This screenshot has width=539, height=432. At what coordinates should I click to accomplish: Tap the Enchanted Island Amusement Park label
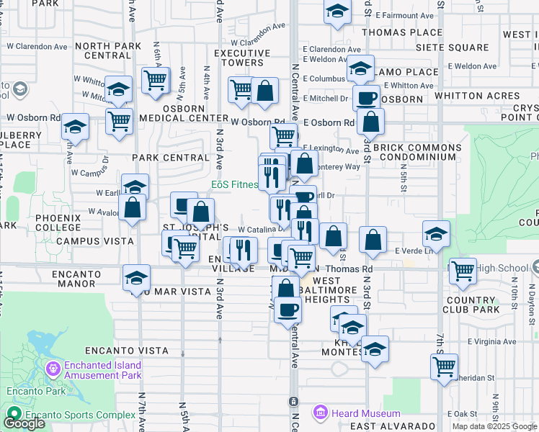(x=102, y=370)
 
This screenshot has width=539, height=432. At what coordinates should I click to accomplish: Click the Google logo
(x=24, y=423)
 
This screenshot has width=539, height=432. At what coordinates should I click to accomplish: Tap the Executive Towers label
(x=242, y=58)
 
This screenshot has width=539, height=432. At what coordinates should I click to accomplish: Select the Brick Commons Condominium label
(x=417, y=151)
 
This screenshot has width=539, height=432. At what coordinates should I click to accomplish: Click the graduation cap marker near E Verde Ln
(x=436, y=233)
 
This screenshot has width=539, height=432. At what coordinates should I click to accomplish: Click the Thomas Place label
(x=402, y=32)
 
